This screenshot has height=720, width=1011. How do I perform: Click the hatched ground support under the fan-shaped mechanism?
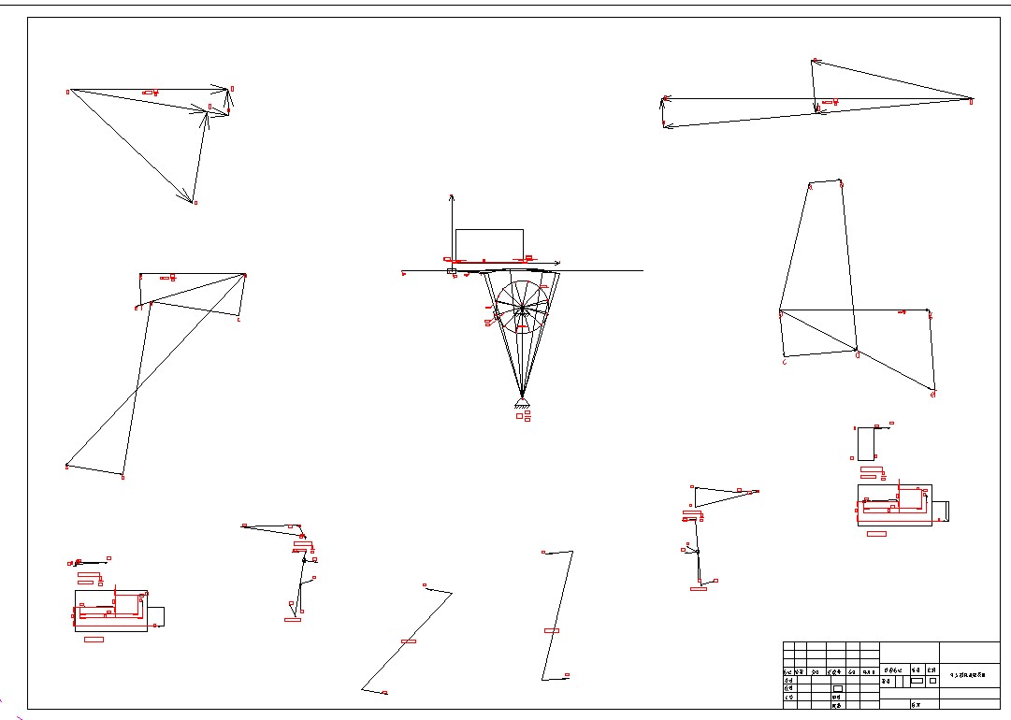(x=522, y=403)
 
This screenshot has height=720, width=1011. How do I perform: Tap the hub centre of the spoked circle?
(x=522, y=308)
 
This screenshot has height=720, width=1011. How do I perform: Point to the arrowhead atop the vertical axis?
(x=452, y=197)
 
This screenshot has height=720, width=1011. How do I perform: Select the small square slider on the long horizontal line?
(x=452, y=271)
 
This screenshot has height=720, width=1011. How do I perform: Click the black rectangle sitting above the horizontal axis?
(x=489, y=244)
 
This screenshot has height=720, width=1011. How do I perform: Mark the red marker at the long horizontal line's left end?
(x=404, y=274)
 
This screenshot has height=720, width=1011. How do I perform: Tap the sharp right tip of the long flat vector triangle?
(x=971, y=98)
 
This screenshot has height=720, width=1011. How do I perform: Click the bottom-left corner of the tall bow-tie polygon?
(x=67, y=466)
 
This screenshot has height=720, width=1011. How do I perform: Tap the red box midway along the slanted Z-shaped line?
(x=409, y=641)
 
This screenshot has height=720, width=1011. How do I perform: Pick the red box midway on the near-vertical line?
(x=552, y=630)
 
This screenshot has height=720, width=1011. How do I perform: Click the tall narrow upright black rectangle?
(x=865, y=443)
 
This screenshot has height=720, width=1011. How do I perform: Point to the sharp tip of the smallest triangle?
(x=756, y=492)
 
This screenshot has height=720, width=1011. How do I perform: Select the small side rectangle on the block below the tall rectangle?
(x=941, y=511)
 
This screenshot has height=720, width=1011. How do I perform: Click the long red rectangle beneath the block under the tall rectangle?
(x=877, y=533)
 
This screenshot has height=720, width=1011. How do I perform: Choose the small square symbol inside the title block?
(x=932, y=681)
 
